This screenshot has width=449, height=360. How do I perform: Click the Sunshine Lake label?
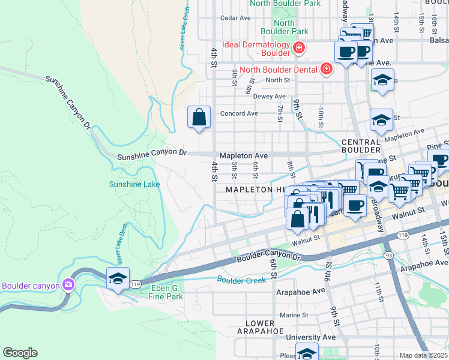coord(134,184)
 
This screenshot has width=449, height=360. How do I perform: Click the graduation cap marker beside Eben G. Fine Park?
coord(118,278)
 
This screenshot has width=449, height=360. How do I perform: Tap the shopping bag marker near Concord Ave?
coord(199,117)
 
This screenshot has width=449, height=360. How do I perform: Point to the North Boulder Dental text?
coord(279,69)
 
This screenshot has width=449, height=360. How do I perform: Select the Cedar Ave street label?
coord(235,18)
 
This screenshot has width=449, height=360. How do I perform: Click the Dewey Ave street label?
coord(269,96)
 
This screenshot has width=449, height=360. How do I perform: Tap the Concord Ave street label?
coord(240,113)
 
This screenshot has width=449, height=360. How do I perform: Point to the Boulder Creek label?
coord(241,280)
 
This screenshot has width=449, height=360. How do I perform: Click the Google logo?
coord(20,352)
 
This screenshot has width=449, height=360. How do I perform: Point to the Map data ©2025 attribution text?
coord(424,355)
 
